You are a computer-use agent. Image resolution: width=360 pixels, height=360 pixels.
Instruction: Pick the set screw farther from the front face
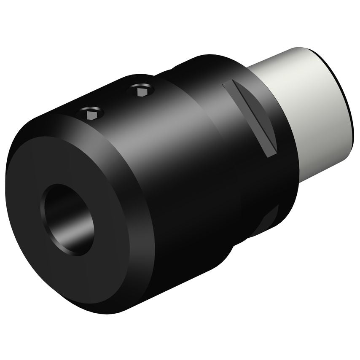pyautogui.click(x=142, y=90)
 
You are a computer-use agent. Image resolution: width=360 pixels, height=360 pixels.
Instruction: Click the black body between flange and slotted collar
pyautogui.click(x=181, y=169)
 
